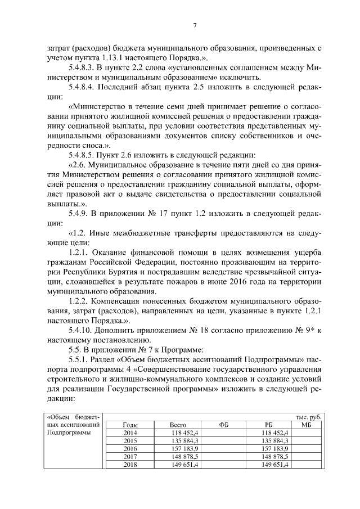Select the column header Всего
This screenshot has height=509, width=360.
coord(178,425)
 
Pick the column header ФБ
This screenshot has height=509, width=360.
coord(224,425)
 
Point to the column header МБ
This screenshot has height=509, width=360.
coord(307,425)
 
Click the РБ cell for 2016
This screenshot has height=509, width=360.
coord(276,449)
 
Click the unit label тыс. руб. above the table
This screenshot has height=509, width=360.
coord(308,417)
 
